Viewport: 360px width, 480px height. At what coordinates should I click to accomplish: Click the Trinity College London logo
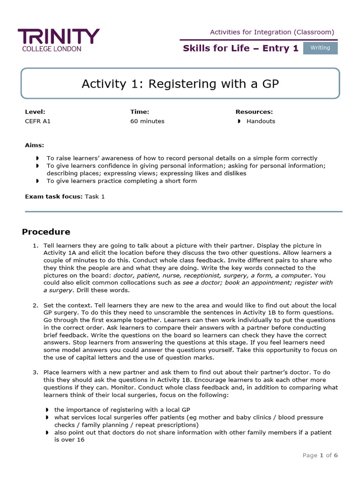click(x=59, y=40)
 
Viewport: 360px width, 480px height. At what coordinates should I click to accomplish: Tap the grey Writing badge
click(x=320, y=48)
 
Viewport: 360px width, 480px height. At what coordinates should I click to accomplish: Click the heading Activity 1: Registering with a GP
click(x=180, y=84)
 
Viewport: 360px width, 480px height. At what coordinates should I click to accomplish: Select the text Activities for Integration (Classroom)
click(x=272, y=32)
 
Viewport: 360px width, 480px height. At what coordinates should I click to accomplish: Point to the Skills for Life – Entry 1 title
click(x=240, y=48)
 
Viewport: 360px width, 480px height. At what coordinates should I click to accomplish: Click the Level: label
click(x=35, y=112)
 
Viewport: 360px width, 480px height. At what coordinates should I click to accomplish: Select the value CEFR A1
click(x=37, y=121)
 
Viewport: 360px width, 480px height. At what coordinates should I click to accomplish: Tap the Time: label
click(x=140, y=112)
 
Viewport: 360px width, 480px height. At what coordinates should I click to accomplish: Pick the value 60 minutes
click(x=147, y=121)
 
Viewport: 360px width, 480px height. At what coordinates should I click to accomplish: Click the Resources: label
click(x=254, y=112)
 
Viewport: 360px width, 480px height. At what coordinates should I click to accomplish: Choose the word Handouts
click(x=261, y=121)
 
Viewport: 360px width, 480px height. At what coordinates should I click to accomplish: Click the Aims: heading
click(x=35, y=145)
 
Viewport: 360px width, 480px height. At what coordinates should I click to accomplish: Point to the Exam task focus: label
click(x=53, y=196)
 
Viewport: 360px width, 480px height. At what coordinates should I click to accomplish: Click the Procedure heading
click(x=46, y=232)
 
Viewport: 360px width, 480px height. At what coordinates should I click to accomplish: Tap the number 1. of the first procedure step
click(x=35, y=246)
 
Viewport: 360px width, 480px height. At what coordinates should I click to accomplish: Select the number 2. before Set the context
click(x=35, y=306)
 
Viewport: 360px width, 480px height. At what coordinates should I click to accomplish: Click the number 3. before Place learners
click(x=35, y=372)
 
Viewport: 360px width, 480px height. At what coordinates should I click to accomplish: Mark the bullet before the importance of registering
click(x=47, y=410)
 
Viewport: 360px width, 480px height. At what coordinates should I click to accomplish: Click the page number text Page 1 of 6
click(x=320, y=455)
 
